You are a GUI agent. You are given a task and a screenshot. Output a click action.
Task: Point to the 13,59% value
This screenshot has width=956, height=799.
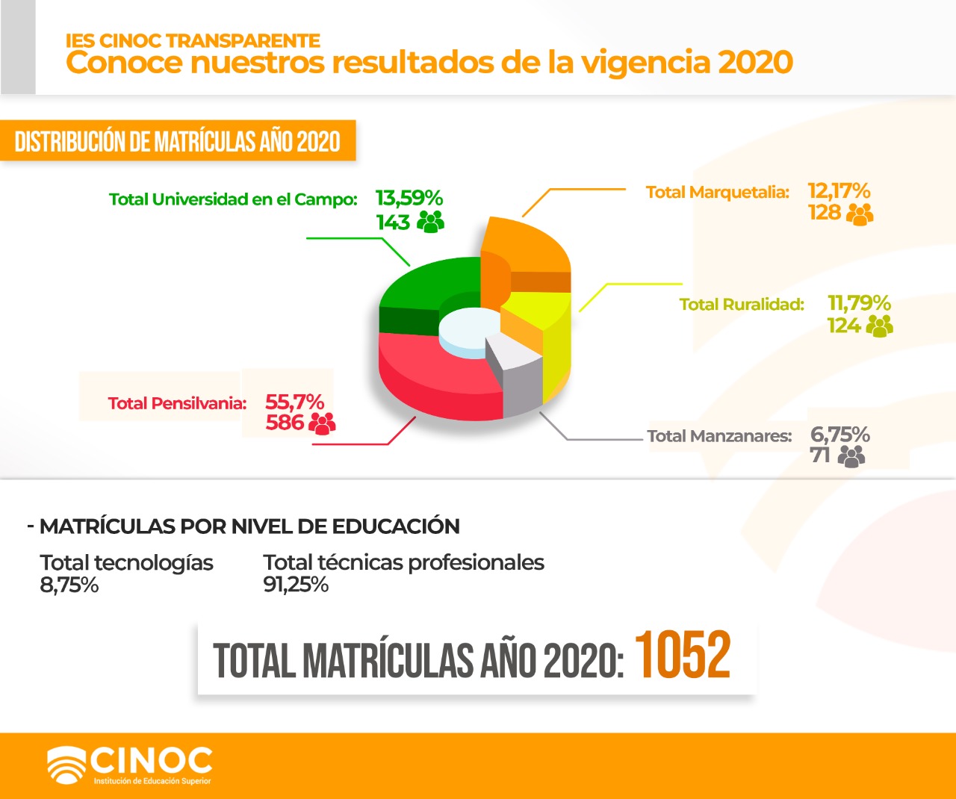coord(409,199)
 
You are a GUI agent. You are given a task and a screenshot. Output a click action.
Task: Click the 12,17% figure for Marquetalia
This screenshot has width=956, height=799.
coord(839,190)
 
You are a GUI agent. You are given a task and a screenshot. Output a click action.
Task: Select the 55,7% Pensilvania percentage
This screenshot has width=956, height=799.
coord(294,402)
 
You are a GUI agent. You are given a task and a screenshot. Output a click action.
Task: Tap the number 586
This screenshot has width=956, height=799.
coord(285,422)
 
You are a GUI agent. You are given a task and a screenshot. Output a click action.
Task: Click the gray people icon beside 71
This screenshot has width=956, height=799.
coord(851,456)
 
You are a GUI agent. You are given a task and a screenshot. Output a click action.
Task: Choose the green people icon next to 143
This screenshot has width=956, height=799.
coord(430,222)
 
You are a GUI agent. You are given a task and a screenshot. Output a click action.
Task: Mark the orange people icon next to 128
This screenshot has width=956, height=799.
coord(860,214)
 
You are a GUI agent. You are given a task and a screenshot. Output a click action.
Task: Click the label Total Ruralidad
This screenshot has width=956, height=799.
coord(742,305)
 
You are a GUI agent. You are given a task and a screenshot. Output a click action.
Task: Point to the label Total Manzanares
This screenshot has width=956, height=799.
coord(719,436)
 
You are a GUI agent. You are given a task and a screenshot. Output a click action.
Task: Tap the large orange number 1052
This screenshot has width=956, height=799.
coord(682,654)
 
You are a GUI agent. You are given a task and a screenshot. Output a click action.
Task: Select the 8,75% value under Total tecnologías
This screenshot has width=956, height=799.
coord(69,585)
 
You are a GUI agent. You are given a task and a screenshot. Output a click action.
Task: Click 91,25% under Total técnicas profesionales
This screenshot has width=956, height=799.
coord(296,585)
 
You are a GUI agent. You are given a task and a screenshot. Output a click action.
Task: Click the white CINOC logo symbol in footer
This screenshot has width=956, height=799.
coord(66,765)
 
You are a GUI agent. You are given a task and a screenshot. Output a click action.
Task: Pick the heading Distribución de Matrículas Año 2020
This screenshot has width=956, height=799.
coord(177,141)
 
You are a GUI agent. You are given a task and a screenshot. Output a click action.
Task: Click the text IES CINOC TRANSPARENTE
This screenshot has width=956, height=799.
coord(193,41)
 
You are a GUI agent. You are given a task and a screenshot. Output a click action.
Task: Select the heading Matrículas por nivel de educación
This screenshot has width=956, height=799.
coord(249,526)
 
